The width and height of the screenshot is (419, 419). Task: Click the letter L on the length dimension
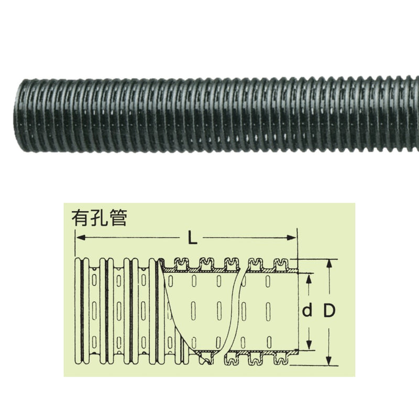[192, 239]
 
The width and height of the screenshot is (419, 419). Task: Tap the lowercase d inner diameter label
[307, 311]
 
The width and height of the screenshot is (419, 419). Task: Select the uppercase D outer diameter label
[329, 311]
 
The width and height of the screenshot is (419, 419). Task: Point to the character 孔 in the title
[99, 217]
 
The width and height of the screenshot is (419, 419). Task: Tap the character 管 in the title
[118, 217]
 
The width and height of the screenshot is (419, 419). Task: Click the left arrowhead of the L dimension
[80, 238]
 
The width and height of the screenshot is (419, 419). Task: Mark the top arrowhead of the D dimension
[329, 262]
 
